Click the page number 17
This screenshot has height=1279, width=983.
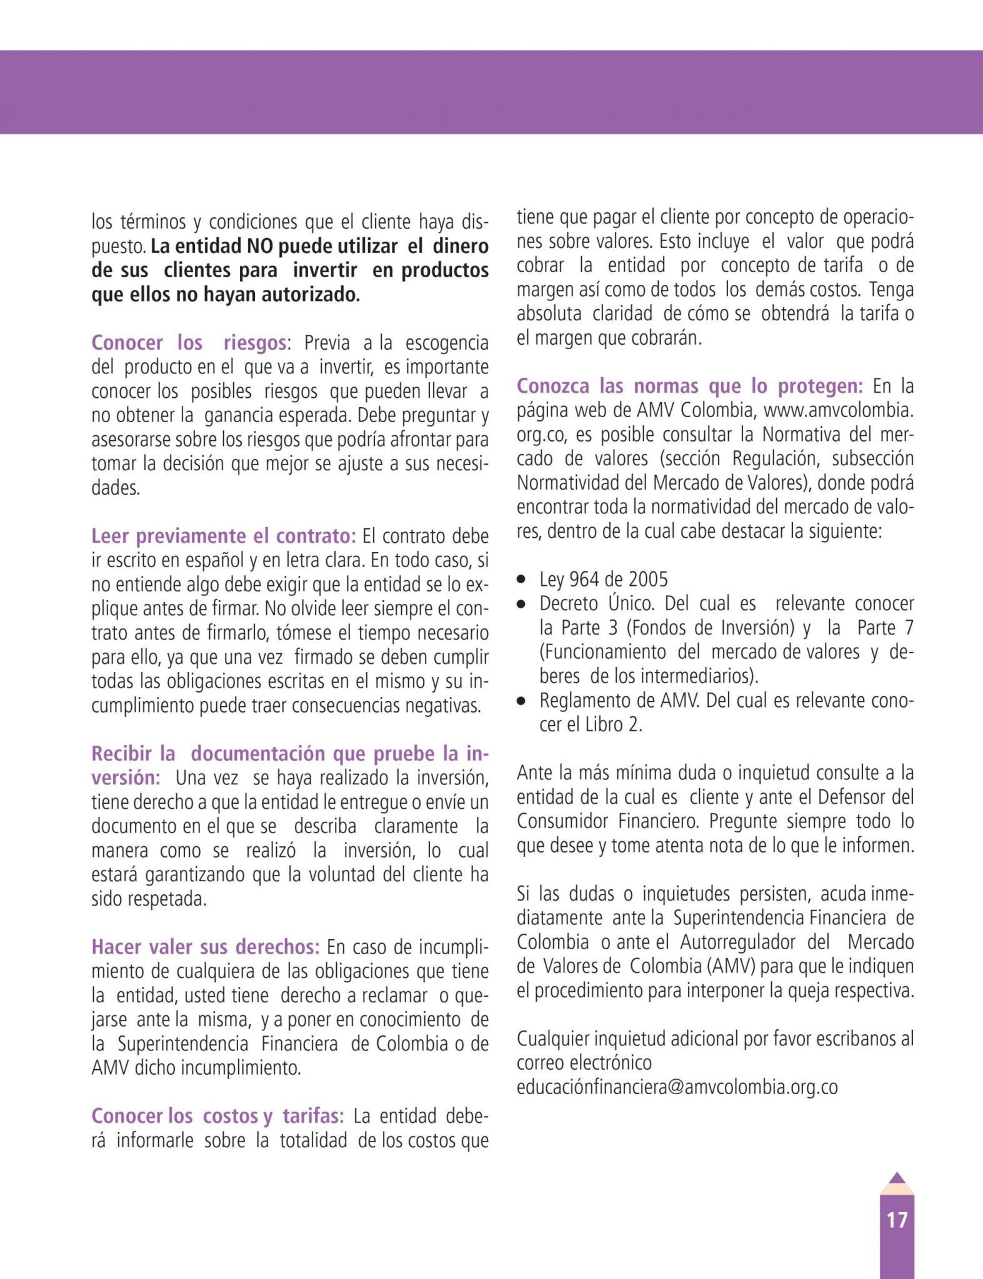(x=897, y=1220)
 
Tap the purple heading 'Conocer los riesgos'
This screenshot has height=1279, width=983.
(x=189, y=342)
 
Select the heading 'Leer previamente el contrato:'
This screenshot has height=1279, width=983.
(x=224, y=536)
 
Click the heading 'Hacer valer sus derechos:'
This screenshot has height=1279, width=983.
(x=206, y=947)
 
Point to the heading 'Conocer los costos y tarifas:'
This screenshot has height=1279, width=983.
(x=217, y=1116)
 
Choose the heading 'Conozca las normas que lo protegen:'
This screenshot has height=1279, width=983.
(x=690, y=386)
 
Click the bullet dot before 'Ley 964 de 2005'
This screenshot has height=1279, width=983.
(x=522, y=580)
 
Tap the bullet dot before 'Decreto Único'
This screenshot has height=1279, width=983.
(x=522, y=604)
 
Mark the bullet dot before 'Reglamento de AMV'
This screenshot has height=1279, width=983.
(x=522, y=701)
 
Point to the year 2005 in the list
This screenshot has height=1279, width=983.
(x=648, y=580)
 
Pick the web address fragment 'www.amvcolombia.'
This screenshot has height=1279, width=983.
(x=839, y=410)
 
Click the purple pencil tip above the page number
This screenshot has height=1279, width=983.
(x=897, y=1178)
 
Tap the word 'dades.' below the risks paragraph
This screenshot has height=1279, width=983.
(x=116, y=488)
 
